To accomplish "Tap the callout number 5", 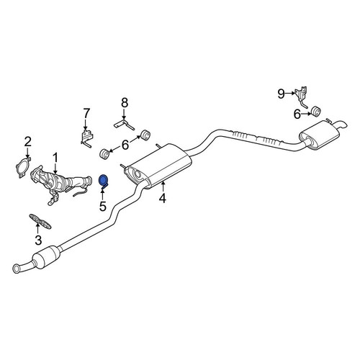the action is tap(103, 207).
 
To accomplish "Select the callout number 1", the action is tap(55, 158).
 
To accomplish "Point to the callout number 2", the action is tap(28, 142).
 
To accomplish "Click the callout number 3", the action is tap(38, 240).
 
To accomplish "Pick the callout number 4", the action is tap(163, 198).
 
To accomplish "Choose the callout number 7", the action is tap(86, 113).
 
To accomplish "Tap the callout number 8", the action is tap(125, 103).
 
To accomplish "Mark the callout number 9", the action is tap(281, 94).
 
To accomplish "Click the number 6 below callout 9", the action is tap(297, 114).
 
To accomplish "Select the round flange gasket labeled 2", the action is tap(23, 167).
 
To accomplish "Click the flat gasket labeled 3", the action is tap(40, 221).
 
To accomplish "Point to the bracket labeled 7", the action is tap(86, 138).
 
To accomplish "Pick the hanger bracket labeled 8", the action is tap(124, 124).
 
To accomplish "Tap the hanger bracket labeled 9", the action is tap(302, 96).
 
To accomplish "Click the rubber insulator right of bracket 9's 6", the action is tap(316, 112).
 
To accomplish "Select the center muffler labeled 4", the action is tap(158, 165).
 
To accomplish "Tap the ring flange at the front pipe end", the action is tap(17, 269).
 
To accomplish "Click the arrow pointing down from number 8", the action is tap(124, 114).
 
